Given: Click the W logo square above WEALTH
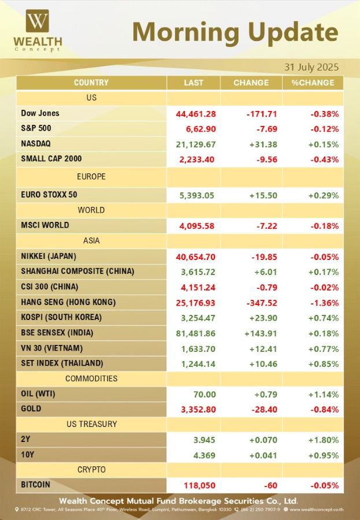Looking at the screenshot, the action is (38, 21).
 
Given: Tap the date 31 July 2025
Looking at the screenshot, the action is (311, 67).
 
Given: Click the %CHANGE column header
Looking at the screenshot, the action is (313, 83).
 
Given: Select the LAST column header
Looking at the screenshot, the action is (194, 83).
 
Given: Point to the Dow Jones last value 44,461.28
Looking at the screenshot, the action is (196, 114).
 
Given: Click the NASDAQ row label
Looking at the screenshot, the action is (36, 144).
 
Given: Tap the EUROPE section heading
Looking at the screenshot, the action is (91, 176).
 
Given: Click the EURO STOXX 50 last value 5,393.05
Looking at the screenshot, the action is (196, 195).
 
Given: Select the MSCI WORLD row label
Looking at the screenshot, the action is (45, 225).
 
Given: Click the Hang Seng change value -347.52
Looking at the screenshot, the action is (262, 303).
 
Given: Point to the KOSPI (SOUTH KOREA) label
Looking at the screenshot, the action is (61, 317).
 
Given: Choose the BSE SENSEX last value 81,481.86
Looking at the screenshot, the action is (196, 333).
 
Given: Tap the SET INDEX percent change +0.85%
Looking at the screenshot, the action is (324, 364).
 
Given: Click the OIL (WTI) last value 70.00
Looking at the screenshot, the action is (205, 394).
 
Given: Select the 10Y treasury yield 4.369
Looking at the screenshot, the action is (205, 455).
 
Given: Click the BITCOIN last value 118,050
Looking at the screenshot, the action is (200, 485).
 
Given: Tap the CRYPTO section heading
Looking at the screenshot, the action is (91, 470).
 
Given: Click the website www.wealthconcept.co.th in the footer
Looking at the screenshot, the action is (317, 510).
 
